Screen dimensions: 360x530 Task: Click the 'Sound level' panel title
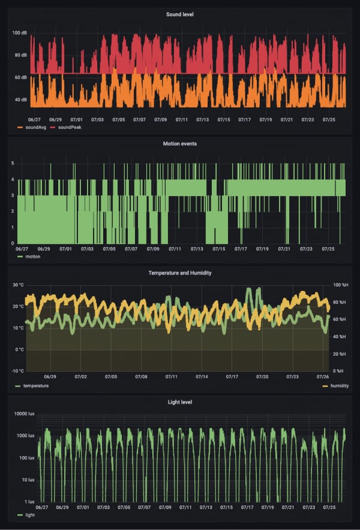179,14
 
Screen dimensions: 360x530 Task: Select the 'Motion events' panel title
179,144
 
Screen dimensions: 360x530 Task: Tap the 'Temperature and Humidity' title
179,273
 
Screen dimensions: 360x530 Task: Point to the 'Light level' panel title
179,402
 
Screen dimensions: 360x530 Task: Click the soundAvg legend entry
31,128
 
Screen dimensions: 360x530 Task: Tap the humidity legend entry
335,386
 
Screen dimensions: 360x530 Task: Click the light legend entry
26,515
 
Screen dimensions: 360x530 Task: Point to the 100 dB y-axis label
20,33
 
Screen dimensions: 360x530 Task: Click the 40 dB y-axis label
20,100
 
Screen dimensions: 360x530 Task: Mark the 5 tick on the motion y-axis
13,163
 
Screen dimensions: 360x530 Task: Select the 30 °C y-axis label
18,285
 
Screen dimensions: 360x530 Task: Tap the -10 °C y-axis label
18,371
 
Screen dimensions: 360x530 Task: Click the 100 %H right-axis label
340,285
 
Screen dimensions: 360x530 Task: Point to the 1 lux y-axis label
28,501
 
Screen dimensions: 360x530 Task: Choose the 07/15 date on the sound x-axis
224,120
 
